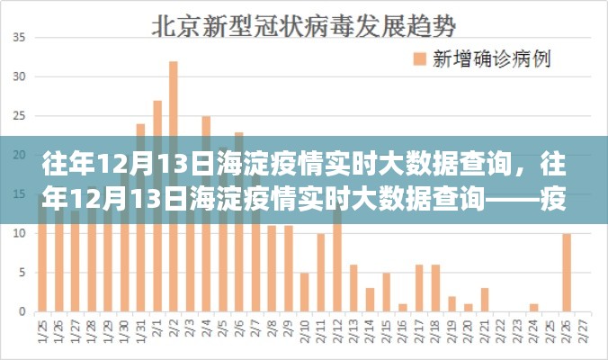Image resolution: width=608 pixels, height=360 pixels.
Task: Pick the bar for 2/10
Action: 304,292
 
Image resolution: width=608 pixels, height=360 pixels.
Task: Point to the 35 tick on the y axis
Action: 19,39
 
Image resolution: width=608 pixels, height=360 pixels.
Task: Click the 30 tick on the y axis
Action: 19,77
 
